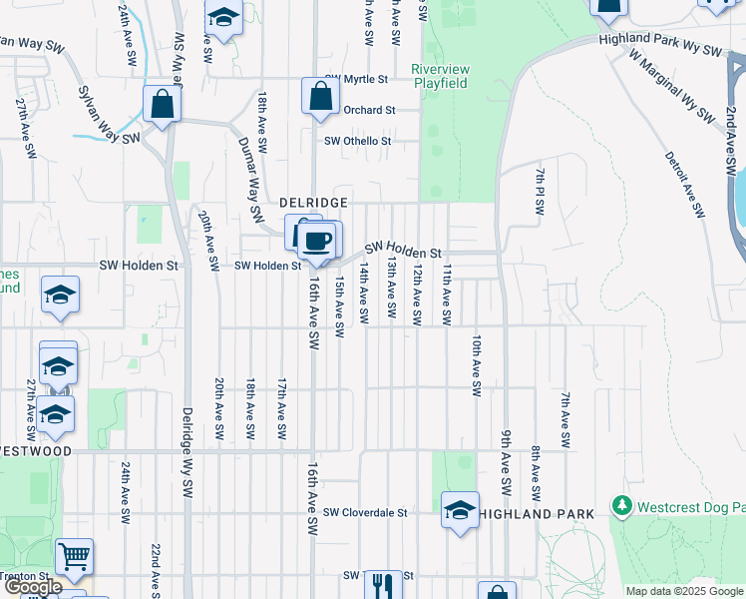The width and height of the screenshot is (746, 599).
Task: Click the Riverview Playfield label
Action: (x=440, y=76)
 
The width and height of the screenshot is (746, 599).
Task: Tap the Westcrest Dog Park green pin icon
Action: (x=623, y=507)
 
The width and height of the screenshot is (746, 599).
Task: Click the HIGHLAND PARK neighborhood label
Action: (x=537, y=513)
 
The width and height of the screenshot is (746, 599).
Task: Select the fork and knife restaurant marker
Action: (x=382, y=585)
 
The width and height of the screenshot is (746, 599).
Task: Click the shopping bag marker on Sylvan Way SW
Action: (x=161, y=104)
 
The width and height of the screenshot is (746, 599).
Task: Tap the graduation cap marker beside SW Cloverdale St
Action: (x=460, y=510)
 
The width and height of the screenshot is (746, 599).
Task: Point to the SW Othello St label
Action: (x=357, y=141)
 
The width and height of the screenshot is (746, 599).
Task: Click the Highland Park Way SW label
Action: (x=659, y=44)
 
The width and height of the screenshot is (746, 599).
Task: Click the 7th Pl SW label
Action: (x=540, y=192)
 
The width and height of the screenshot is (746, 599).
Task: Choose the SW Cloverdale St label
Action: (x=366, y=512)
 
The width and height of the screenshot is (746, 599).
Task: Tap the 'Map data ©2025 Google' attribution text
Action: (x=685, y=591)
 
